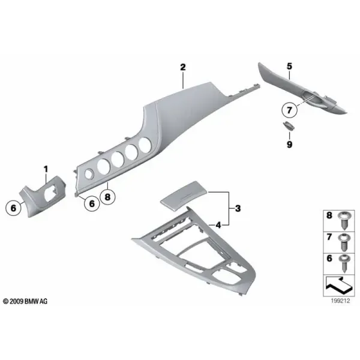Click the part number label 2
click(x=183, y=67)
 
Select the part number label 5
click(x=289, y=67)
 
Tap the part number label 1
click(x=46, y=169)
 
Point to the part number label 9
click(x=289, y=145)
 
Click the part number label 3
click(x=238, y=208)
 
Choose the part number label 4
click(x=218, y=225)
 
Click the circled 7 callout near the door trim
click(x=289, y=110)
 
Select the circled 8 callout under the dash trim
click(x=107, y=197)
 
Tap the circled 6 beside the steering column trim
click(x=13, y=208)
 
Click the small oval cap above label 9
click(x=289, y=125)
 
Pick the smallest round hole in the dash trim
click(x=89, y=174)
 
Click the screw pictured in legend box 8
click(x=345, y=220)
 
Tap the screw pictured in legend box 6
click(x=345, y=263)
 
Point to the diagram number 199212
click(x=340, y=301)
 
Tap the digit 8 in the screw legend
click(x=329, y=215)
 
